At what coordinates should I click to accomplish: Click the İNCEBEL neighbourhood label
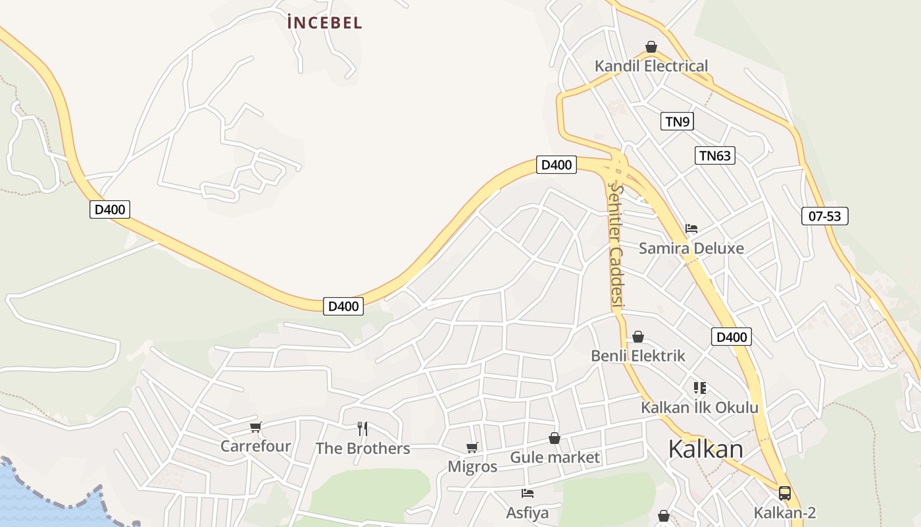click(325, 22)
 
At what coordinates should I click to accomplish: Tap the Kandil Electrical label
click(651, 66)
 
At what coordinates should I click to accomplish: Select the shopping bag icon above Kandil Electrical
click(651, 47)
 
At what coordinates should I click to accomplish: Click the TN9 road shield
click(677, 121)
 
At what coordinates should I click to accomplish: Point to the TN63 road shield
click(714, 155)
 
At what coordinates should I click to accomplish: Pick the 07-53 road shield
click(825, 215)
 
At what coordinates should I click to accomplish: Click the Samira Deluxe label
click(691, 248)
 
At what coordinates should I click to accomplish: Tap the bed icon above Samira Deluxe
click(691, 229)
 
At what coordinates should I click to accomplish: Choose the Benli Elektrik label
click(638, 356)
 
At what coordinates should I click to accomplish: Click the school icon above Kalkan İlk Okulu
click(699, 387)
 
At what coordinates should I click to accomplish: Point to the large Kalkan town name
click(705, 449)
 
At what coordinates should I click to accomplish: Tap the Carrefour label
click(255, 446)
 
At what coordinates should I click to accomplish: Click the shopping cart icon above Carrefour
click(256, 427)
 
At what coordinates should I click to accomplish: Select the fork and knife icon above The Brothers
click(362, 429)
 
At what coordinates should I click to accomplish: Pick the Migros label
click(472, 466)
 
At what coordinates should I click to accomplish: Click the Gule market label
click(555, 457)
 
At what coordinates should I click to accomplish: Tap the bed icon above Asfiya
click(527, 493)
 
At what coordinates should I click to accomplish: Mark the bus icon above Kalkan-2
click(784, 493)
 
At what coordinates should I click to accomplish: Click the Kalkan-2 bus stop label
click(784, 513)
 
